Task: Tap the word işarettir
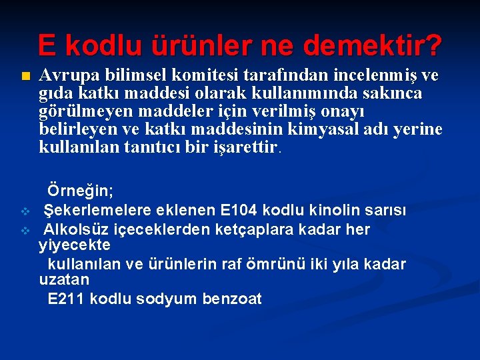coord(244,147)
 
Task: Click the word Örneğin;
coord(80,191)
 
